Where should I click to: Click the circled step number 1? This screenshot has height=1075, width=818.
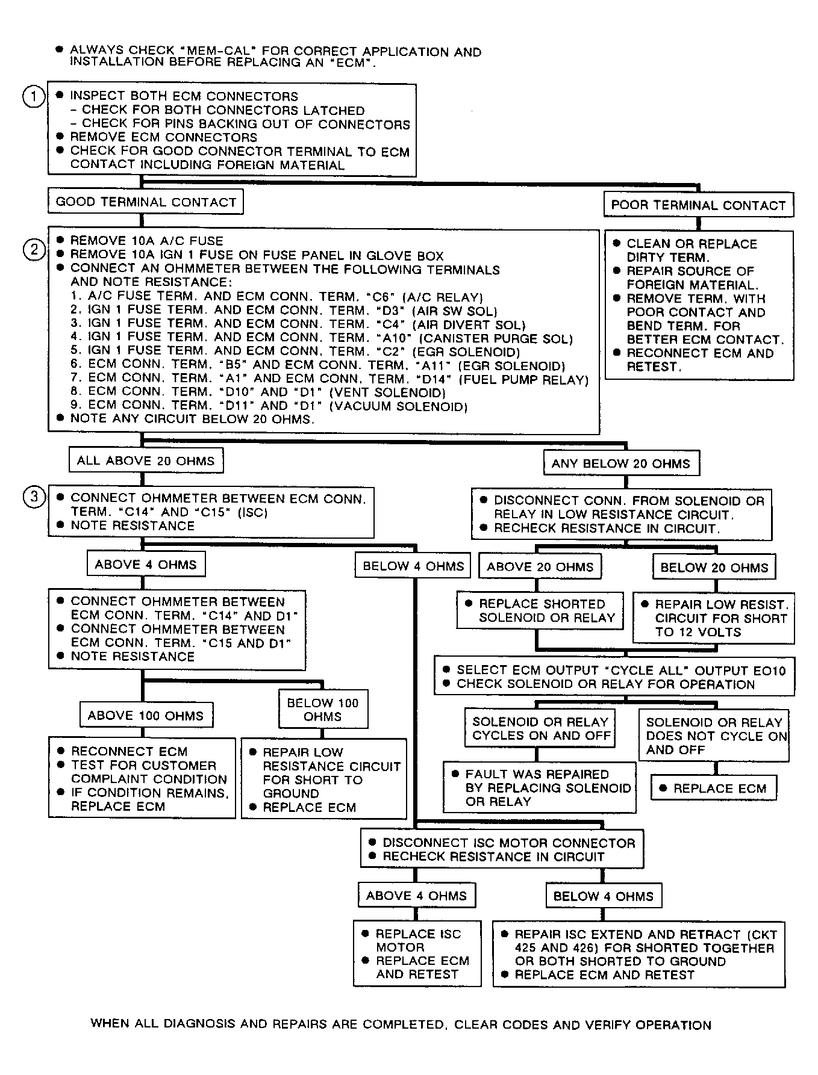34,96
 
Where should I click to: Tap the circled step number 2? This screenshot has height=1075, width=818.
34,249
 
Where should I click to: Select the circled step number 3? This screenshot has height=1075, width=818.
34,497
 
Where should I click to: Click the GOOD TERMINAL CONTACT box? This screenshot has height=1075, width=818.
146,202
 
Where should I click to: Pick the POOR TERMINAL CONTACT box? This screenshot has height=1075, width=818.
698,205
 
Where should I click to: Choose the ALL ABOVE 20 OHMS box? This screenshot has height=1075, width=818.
146,461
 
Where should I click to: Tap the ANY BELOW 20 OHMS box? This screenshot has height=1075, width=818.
621,463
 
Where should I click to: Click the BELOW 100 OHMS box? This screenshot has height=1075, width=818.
323,710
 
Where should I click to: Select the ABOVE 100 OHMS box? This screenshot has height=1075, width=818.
146,716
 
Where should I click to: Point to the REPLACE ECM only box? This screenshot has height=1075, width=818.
714,788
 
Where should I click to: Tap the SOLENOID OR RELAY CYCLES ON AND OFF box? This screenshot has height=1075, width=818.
540,728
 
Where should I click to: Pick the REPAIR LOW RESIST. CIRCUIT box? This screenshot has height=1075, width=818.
714,618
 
